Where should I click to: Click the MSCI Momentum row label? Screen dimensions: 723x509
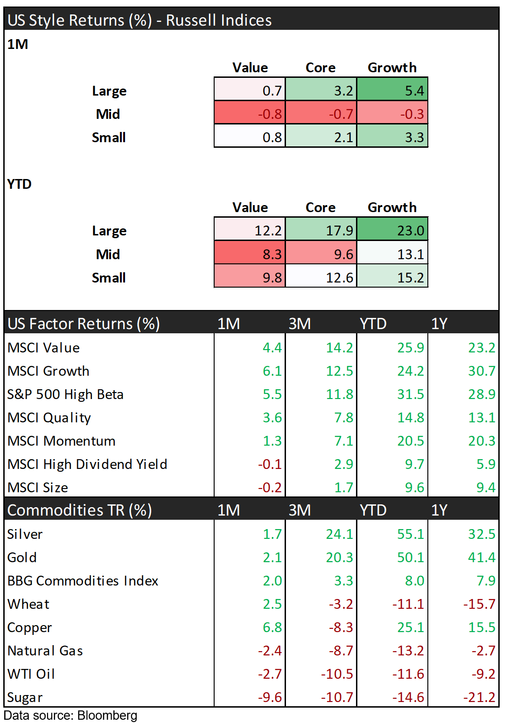click(x=62, y=441)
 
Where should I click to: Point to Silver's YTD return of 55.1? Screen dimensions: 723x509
click(x=410, y=534)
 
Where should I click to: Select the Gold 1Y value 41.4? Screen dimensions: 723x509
click(x=481, y=558)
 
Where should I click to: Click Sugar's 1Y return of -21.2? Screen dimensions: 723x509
click(x=479, y=697)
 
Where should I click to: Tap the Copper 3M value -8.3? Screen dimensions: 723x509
click(x=341, y=627)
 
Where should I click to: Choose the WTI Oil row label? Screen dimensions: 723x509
click(x=31, y=674)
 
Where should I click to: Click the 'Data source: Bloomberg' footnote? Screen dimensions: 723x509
click(x=70, y=716)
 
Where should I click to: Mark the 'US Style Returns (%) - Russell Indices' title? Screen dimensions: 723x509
click(x=139, y=20)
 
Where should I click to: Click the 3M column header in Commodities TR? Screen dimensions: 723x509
click(x=300, y=510)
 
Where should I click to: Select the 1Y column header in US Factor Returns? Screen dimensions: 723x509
click(x=439, y=324)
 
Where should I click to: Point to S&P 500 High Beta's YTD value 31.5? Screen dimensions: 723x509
click(x=410, y=394)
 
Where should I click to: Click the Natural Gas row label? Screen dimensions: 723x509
click(x=45, y=651)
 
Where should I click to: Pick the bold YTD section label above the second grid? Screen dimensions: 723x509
click(x=20, y=184)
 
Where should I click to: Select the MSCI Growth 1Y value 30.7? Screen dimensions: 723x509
click(x=481, y=371)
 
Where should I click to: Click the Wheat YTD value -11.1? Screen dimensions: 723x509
click(x=408, y=604)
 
